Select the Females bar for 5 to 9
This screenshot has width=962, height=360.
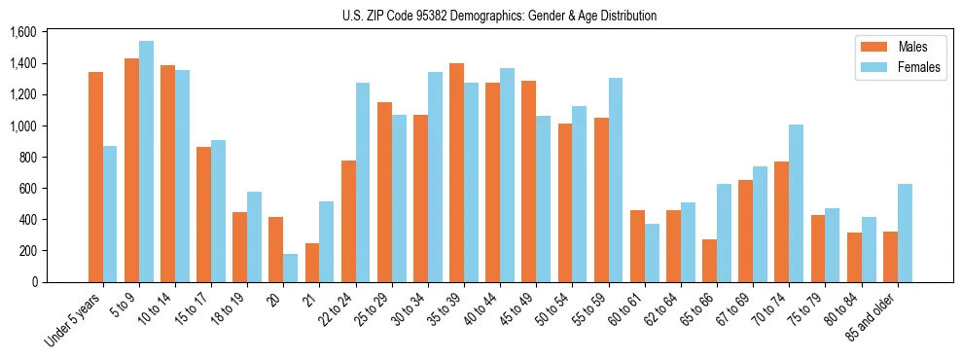click(146, 162)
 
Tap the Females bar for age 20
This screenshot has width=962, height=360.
click(291, 268)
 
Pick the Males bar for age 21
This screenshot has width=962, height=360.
click(312, 263)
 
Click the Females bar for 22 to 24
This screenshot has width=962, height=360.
click(363, 182)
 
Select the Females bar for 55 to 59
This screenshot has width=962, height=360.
click(616, 180)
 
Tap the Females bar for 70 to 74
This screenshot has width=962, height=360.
click(797, 203)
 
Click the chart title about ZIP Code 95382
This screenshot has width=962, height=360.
click(499, 16)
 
